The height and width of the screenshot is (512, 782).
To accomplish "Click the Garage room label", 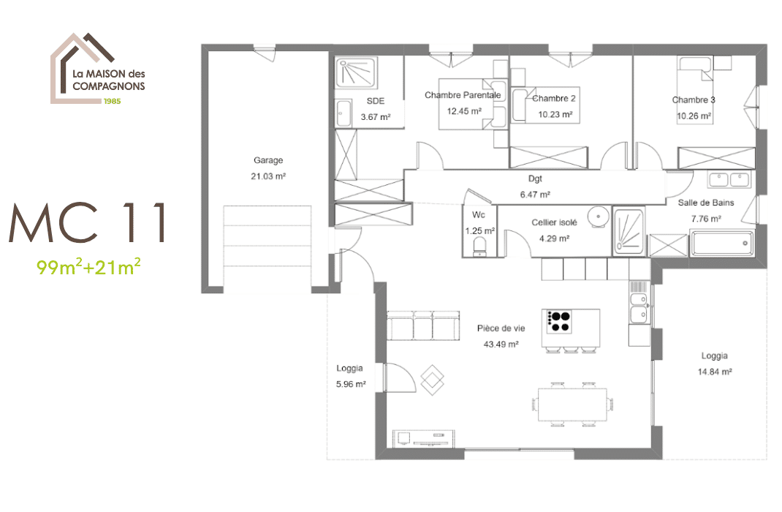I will pyautogui.click(x=268, y=160).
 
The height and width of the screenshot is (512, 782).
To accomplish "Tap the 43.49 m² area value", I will pyautogui.click(x=501, y=344).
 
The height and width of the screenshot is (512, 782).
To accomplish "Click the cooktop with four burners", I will pyautogui.click(x=559, y=321).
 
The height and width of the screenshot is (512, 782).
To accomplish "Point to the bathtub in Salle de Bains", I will pyautogui.click(x=721, y=243).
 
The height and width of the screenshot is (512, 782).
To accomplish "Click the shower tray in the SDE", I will pyautogui.click(x=357, y=75).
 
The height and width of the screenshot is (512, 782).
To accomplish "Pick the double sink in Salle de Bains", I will pyautogui.click(x=729, y=179).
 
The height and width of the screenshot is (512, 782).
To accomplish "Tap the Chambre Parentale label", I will pyautogui.click(x=463, y=95).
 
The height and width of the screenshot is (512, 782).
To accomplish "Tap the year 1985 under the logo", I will pyautogui.click(x=112, y=101).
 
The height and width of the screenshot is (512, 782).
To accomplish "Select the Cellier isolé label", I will pyautogui.click(x=555, y=222).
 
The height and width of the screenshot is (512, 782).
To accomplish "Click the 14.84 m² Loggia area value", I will pyautogui.click(x=714, y=372).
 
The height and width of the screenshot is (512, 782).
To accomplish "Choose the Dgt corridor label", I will pyautogui.click(x=535, y=178).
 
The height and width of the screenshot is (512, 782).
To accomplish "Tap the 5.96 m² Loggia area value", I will pyautogui.click(x=351, y=384).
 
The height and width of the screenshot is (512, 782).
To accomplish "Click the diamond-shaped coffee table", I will pyautogui.click(x=433, y=378).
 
